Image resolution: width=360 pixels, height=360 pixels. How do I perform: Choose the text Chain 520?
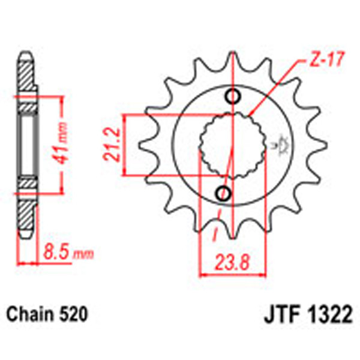[48, 314]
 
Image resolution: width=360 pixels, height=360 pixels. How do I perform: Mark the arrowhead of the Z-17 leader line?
[250, 113]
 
